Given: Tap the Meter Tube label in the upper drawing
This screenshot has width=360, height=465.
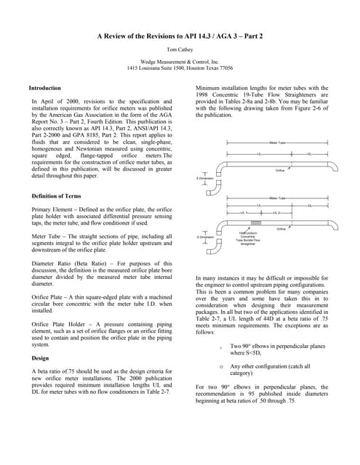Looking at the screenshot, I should coord(277,142).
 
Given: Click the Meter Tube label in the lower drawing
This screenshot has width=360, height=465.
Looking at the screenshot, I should coord(277,197).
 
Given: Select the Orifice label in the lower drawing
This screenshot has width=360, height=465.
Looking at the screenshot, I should coord(281,228).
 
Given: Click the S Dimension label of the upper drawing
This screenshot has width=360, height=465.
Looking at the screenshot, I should coord(205,177).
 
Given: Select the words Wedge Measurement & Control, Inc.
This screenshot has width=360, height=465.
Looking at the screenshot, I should coord(179,62).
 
